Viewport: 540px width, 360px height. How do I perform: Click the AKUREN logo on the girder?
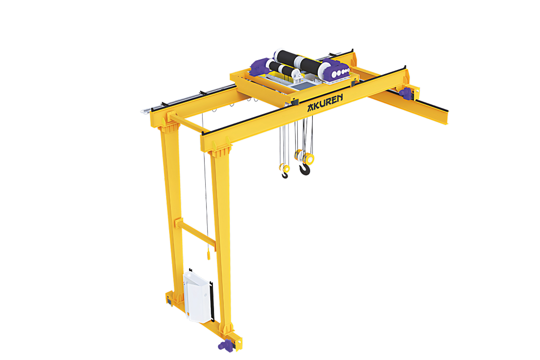point(325,103)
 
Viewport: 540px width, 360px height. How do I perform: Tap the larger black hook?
point(304,170)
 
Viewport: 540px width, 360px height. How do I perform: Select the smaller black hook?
point(285,175)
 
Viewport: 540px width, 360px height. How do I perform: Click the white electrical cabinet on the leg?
point(197,297)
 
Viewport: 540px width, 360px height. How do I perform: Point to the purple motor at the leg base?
point(226,345)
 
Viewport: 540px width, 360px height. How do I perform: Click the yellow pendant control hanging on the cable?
point(208,255)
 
